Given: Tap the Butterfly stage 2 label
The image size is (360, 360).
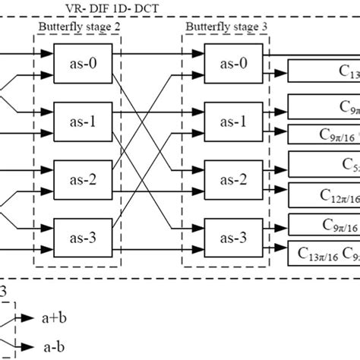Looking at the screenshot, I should click(x=78, y=26).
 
